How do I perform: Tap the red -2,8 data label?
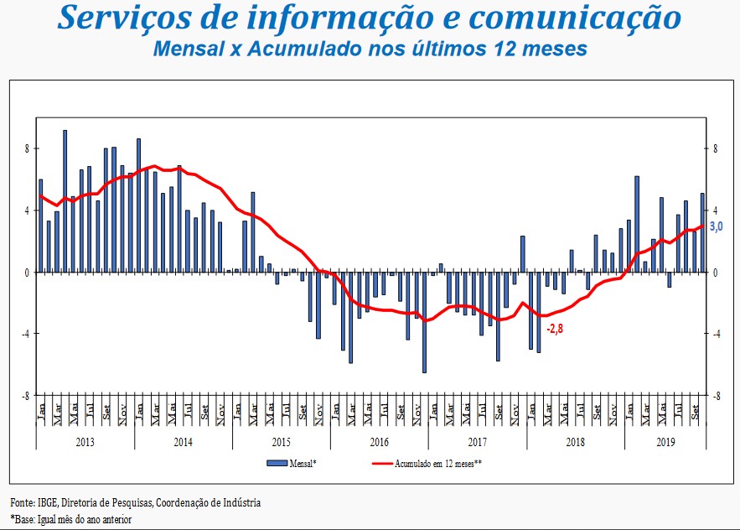click(554, 329)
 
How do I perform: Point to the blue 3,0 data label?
click(717, 226)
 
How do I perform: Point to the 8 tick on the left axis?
click(27, 149)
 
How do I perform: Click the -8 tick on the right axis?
click(717, 395)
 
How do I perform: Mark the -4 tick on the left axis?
click(25, 334)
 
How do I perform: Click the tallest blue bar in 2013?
click(65, 201)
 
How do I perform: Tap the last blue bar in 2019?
click(702, 233)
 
